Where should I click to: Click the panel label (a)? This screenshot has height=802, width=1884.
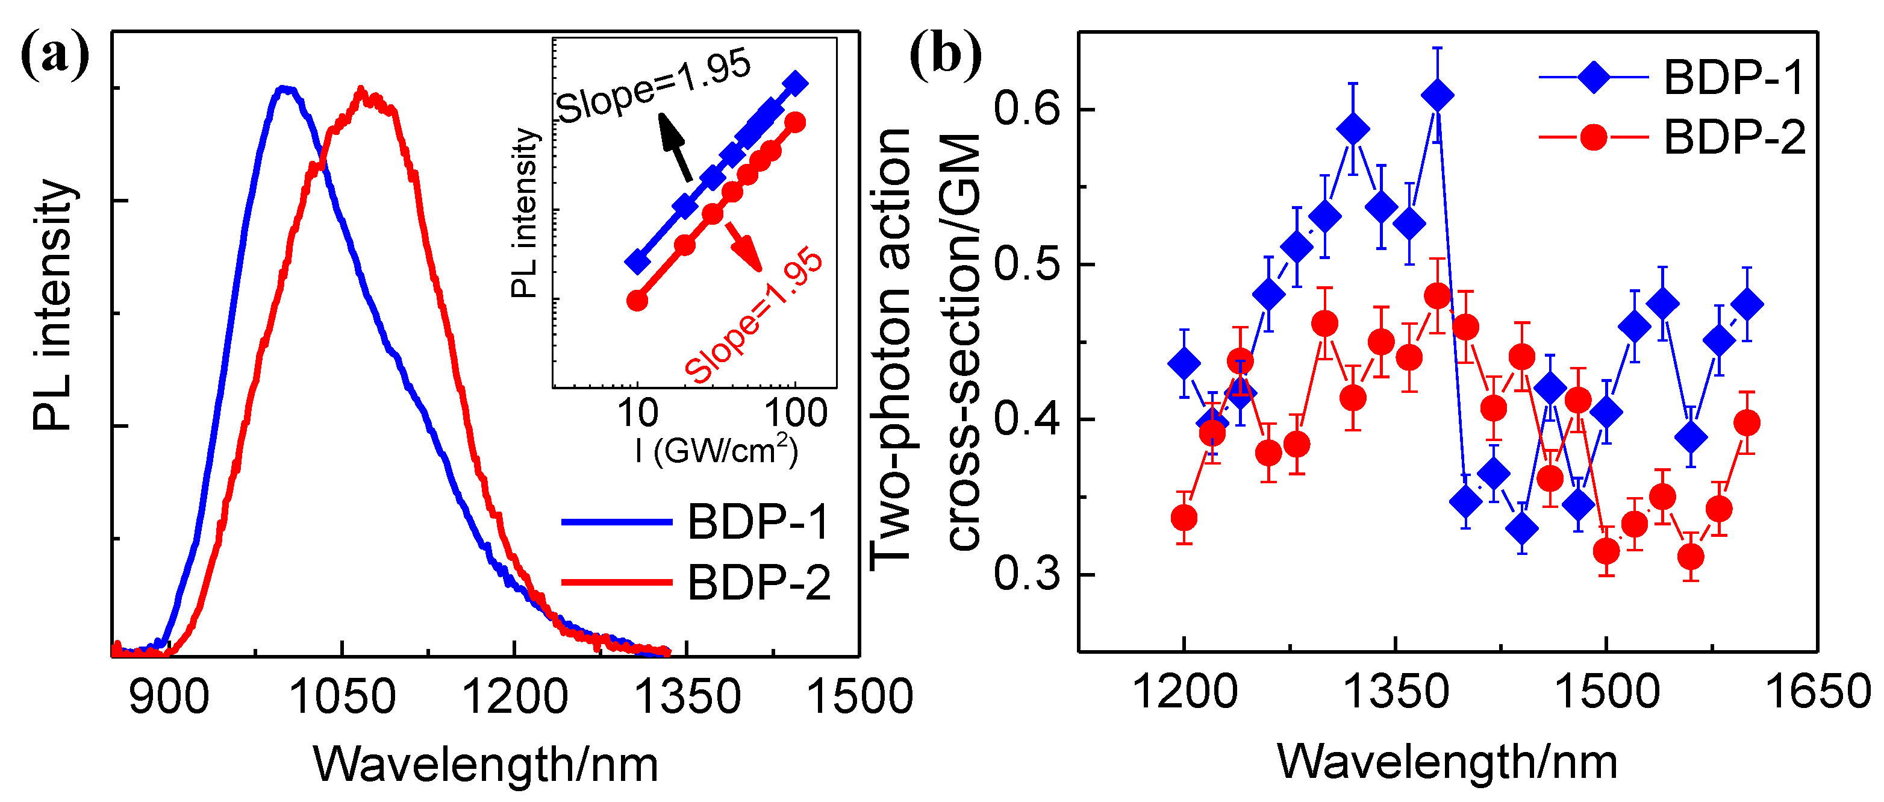tap(55, 57)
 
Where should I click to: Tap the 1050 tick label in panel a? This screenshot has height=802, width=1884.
tap(342, 697)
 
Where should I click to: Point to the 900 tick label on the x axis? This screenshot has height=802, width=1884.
tap(169, 697)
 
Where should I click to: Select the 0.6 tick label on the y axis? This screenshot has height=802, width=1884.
tap(1027, 110)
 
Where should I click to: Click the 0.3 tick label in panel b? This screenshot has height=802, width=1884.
tap(1027, 574)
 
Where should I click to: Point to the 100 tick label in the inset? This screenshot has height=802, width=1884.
tap(796, 413)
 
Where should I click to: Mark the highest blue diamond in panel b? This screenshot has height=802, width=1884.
tap(1438, 95)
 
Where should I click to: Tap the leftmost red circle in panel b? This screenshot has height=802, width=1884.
tap(1184, 518)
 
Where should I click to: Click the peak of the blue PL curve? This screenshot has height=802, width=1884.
tap(285, 89)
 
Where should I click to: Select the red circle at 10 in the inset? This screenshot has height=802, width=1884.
tap(637, 300)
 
